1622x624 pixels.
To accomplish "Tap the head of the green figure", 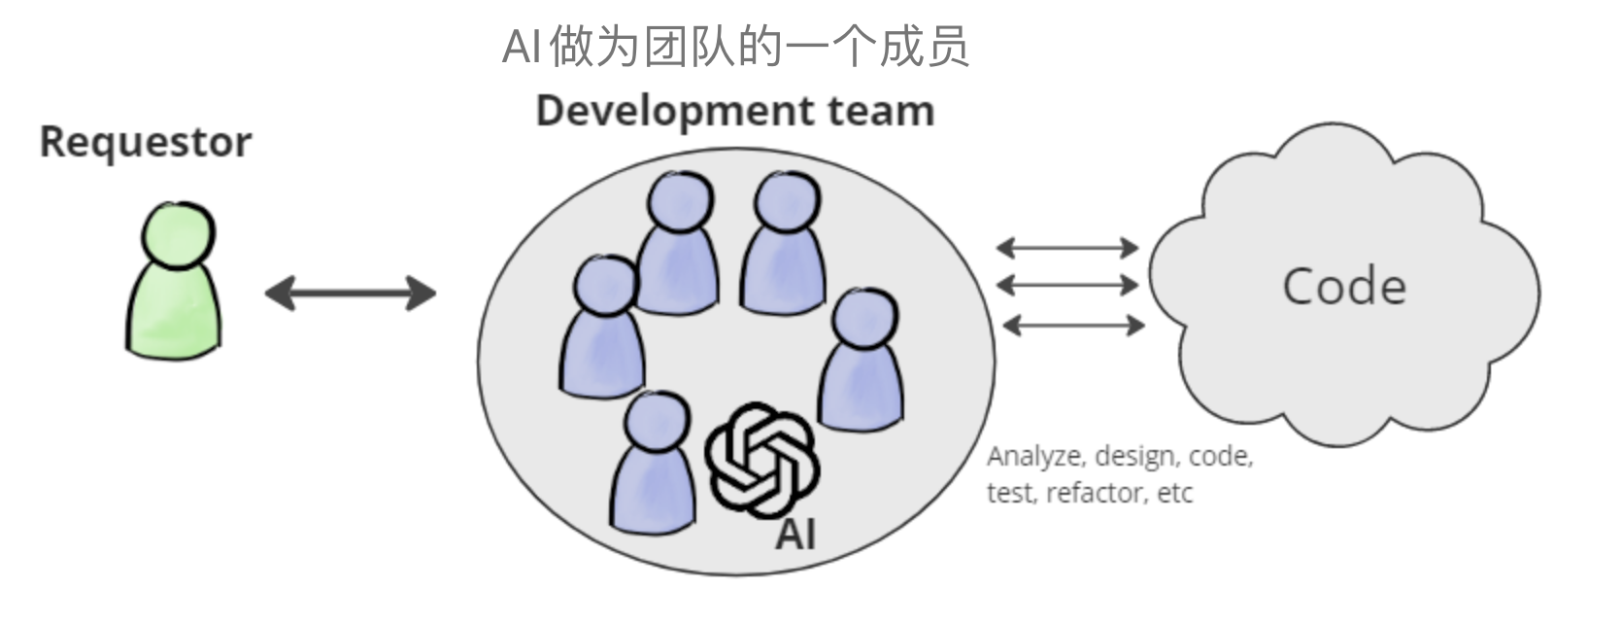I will [178, 234].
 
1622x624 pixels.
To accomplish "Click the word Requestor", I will [146, 142].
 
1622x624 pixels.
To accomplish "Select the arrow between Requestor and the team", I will [350, 293].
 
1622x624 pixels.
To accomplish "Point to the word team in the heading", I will [880, 111].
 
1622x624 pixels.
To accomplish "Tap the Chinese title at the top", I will [735, 47].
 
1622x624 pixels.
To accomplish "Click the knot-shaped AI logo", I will [760, 461].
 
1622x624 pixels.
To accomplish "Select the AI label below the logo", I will [794, 534].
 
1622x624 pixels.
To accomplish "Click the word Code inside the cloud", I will [1343, 287].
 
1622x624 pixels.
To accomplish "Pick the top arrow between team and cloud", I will [1067, 248].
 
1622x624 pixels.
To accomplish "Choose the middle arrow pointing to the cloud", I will [1067, 285].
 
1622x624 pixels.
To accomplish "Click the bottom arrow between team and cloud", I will [1072, 325].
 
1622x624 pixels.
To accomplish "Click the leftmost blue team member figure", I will [603, 335].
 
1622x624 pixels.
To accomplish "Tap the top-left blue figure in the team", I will [679, 248].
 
